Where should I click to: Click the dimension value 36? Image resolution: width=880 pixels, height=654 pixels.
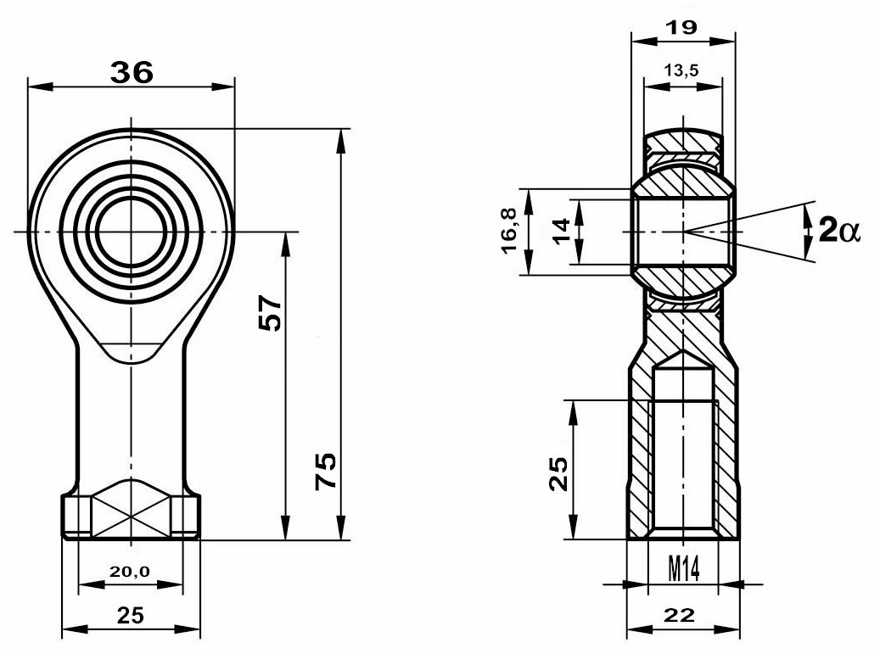132,72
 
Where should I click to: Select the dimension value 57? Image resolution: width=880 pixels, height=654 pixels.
270,312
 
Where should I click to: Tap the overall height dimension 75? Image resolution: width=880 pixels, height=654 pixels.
326,471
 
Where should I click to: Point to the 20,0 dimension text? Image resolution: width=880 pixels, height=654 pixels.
130,572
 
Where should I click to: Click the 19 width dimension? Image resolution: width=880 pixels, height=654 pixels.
682,27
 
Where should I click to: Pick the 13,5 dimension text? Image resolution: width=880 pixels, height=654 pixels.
681,70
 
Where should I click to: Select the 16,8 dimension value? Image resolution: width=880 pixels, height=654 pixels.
510,232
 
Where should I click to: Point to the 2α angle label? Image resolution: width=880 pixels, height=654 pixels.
839,230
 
